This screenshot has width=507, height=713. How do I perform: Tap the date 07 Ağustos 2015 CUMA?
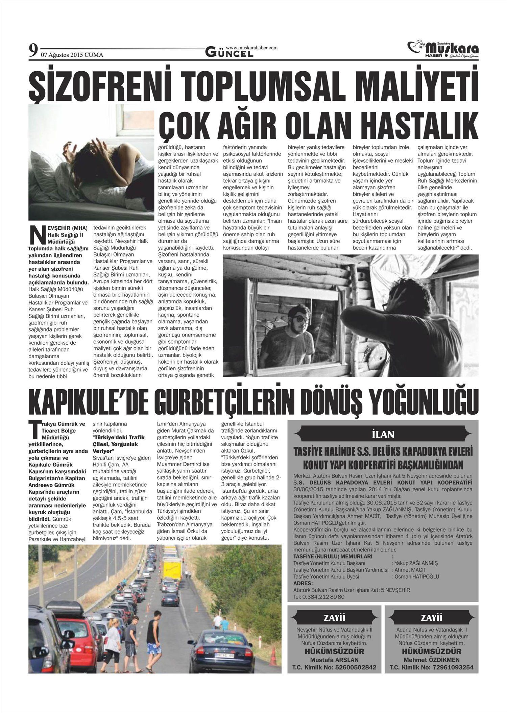72,55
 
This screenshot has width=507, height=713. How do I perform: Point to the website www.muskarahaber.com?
251,48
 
